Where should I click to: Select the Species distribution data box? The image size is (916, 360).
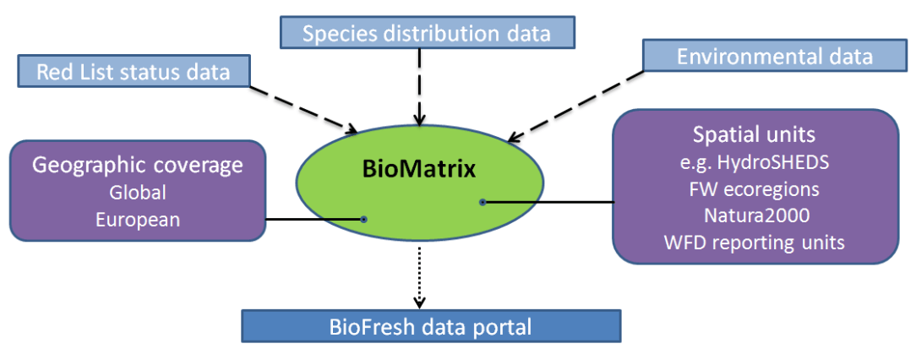pos(426,33)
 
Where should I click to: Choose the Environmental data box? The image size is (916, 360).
pos(774,57)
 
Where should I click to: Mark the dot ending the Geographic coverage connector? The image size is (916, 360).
pos(363,219)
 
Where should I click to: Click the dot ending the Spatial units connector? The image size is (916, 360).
pos(483,202)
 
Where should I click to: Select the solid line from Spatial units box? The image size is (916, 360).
pos(549,202)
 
